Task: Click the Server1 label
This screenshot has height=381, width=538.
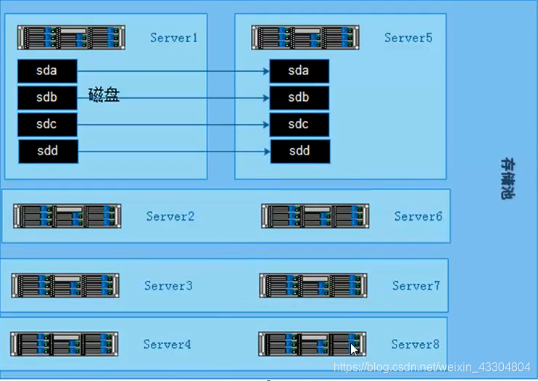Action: point(174,38)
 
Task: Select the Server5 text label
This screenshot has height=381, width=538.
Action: point(408,38)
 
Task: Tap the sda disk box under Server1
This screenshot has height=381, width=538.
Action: point(47,71)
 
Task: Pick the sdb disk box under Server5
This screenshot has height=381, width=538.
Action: point(299,97)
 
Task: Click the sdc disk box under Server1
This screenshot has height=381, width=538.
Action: point(47,124)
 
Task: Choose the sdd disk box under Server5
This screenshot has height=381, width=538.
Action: point(299,151)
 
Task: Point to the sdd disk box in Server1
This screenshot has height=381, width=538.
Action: point(48,151)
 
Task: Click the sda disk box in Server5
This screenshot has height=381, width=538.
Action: point(299,71)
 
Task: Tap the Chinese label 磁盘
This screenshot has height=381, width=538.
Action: point(104,95)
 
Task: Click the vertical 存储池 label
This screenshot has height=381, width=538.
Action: point(507,179)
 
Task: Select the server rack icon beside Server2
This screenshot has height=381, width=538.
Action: point(67,216)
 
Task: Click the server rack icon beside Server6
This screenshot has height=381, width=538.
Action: point(315,216)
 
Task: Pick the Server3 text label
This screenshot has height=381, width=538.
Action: point(168,286)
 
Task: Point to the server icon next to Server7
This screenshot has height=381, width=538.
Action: point(313,285)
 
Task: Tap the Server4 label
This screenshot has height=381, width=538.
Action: point(167,344)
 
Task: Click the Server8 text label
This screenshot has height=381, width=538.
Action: point(415,344)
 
